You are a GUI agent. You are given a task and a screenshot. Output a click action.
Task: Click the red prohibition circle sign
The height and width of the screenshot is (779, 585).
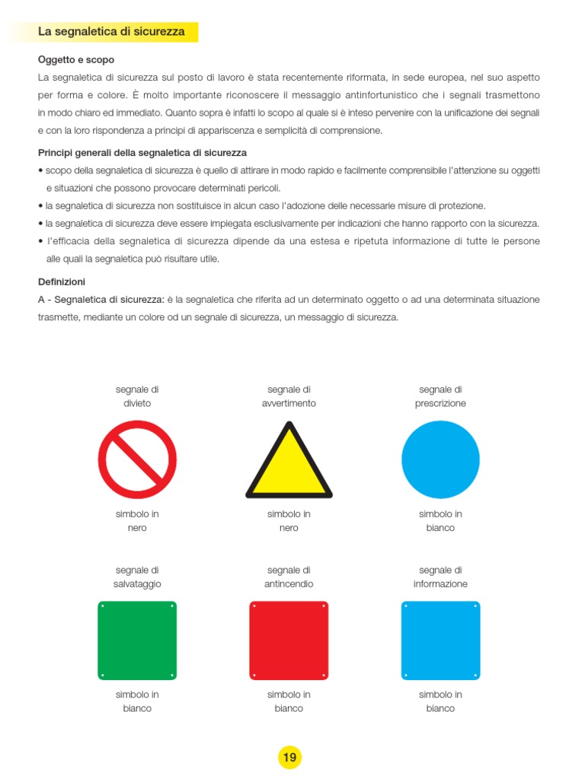pos(137,459)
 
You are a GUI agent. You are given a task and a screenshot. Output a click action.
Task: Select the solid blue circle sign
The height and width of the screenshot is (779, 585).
pos(440,459)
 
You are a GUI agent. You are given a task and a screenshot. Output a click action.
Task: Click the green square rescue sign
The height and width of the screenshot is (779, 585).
pos(137,641)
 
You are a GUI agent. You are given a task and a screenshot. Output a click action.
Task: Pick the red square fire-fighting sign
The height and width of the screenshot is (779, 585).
pos(289,641)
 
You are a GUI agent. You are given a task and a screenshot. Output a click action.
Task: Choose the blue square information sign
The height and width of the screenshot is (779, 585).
pos(440,641)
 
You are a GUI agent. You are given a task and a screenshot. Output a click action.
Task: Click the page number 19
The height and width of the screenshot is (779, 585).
pos(289,757)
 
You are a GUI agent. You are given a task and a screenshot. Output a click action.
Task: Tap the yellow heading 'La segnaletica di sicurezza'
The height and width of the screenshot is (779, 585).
pos(111,32)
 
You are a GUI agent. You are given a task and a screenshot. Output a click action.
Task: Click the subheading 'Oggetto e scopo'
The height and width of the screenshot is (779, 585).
pos(76,59)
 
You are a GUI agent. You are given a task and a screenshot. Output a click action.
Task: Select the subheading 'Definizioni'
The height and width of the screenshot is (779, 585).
pos(62,281)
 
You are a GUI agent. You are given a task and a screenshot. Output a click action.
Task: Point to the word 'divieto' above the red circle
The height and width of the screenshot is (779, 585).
pos(137,403)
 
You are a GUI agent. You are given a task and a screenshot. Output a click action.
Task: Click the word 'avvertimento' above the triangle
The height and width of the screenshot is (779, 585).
pos(289,403)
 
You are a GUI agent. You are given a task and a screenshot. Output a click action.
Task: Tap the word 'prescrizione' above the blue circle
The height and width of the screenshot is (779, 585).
pos(440,403)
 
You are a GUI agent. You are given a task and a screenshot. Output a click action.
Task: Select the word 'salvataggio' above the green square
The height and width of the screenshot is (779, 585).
pos(137,584)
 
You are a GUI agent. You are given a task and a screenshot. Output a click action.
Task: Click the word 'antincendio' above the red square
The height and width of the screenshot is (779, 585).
pos(289,584)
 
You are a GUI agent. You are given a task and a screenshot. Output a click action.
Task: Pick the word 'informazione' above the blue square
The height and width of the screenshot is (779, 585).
pos(440,584)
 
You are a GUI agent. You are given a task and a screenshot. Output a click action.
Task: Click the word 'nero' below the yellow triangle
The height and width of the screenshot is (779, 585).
pos(289,528)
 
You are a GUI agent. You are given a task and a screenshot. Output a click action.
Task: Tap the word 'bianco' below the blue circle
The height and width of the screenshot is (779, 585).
pos(440,528)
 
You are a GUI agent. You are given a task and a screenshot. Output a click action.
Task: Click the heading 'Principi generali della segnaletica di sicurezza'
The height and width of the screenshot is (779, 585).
pos(142,153)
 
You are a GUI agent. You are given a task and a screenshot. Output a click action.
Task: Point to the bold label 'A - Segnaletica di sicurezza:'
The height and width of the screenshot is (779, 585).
pos(101,300)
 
